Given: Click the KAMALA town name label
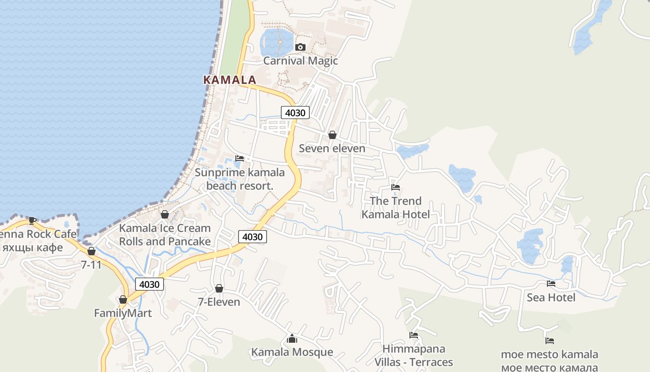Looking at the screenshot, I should pyautogui.click(x=230, y=80).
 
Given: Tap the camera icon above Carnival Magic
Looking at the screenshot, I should pyautogui.click(x=300, y=47).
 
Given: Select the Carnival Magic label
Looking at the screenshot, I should pyautogui.click(x=300, y=61).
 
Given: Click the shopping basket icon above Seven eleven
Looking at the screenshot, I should pyautogui.click(x=332, y=135).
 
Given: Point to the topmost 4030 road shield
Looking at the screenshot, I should pyautogui.click(x=295, y=113).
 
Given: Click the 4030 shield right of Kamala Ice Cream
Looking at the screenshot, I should pyautogui.click(x=253, y=237).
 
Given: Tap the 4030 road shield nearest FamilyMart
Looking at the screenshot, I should pyautogui.click(x=149, y=284).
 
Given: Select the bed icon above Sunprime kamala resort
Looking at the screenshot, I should pyautogui.click(x=240, y=159).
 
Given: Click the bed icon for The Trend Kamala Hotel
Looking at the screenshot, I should pyautogui.click(x=396, y=187).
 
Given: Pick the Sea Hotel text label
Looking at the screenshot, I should pyautogui.click(x=551, y=298).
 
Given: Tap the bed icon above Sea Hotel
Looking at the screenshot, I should pyautogui.click(x=551, y=284).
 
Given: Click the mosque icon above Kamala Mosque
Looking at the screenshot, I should pyautogui.click(x=292, y=339).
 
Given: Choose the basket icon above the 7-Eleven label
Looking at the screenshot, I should pyautogui.click(x=219, y=288).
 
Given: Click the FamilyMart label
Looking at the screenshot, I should pyautogui.click(x=123, y=313).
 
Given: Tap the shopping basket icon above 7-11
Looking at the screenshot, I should pyautogui.click(x=91, y=251).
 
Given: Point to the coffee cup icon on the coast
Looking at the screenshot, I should pyautogui.click(x=32, y=220).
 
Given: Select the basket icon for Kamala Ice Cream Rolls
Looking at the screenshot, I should pyautogui.click(x=164, y=214).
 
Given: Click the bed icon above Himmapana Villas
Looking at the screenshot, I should pyautogui.click(x=413, y=335).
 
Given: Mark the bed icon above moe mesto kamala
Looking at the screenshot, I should pyautogui.click(x=549, y=341).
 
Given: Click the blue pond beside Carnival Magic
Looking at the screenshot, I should pyautogui.click(x=277, y=42).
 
